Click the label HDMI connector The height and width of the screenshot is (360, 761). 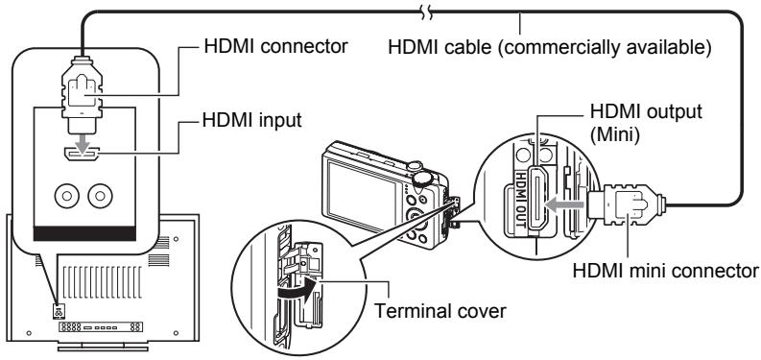tap(275, 46)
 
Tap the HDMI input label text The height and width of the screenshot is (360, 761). tap(251, 119)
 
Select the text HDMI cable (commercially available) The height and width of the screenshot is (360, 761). tap(550, 48)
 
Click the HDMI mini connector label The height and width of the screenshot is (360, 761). tap(665, 270)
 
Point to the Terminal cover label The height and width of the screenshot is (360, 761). tap(440, 310)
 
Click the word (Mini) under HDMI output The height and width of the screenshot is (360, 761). tap(613, 135)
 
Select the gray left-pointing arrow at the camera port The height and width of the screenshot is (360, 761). tap(564, 205)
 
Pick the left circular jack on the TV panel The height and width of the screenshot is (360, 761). tap(67, 196)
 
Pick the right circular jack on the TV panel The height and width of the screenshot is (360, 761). tap(100, 196)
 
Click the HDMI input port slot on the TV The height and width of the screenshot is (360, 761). tap(81, 155)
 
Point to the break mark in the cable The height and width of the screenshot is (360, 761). tap(427, 12)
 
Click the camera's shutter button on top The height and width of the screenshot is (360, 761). tap(420, 178)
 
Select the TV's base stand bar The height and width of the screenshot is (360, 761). tap(103, 348)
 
